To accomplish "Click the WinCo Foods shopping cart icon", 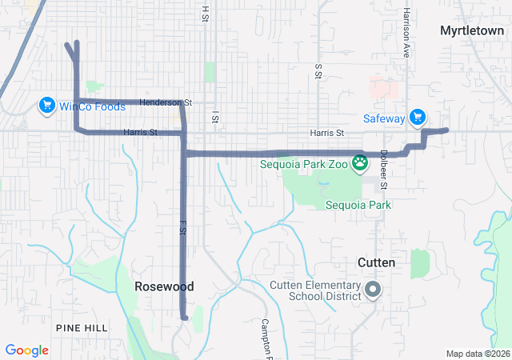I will (46, 106).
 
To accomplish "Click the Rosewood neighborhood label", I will (165, 286).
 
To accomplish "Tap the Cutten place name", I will (376, 262).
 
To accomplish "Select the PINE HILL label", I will (80, 328).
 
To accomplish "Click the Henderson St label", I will (166, 102).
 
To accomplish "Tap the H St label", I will (205, 14).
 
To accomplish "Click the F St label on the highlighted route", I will (182, 227).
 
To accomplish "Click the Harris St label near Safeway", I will (326, 133).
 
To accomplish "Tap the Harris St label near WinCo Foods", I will (140, 132).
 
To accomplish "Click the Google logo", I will (27, 350).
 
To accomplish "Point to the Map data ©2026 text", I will (478, 354).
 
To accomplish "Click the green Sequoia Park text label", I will (358, 205).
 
